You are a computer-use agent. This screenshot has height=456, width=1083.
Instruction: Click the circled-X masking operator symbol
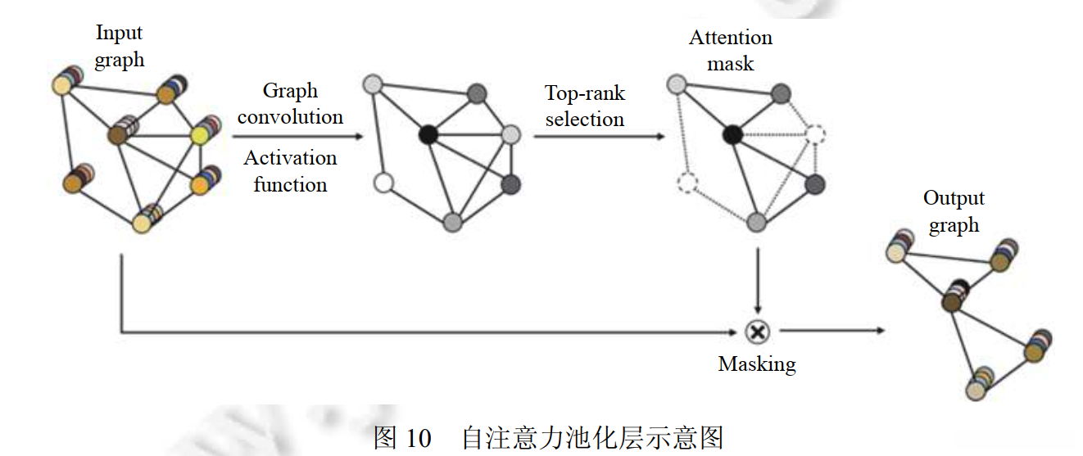click(758, 331)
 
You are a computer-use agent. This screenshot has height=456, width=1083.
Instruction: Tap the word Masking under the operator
click(756, 363)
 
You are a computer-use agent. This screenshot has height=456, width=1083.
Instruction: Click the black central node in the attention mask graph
click(732, 134)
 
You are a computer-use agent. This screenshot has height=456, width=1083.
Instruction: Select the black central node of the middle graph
click(427, 134)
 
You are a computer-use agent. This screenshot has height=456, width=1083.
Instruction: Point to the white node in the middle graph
click(383, 183)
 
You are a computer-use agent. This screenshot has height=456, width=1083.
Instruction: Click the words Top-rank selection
click(584, 106)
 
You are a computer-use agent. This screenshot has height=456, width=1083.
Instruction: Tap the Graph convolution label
click(290, 103)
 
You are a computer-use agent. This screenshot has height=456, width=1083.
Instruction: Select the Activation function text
click(290, 171)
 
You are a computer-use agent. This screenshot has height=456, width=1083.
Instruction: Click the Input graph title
click(120, 46)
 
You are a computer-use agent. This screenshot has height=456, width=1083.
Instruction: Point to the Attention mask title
click(730, 50)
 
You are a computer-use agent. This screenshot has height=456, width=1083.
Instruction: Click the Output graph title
click(954, 211)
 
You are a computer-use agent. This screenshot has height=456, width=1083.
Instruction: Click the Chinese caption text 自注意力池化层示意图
click(592, 438)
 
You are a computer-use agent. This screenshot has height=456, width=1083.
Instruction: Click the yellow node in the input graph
click(202, 135)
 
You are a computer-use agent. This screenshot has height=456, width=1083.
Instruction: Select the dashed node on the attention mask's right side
click(815, 134)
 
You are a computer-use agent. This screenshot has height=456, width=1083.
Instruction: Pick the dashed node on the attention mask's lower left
click(687, 183)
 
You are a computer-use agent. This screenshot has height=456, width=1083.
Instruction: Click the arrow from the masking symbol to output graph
click(832, 331)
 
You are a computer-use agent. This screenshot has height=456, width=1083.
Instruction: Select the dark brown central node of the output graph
click(951, 302)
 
